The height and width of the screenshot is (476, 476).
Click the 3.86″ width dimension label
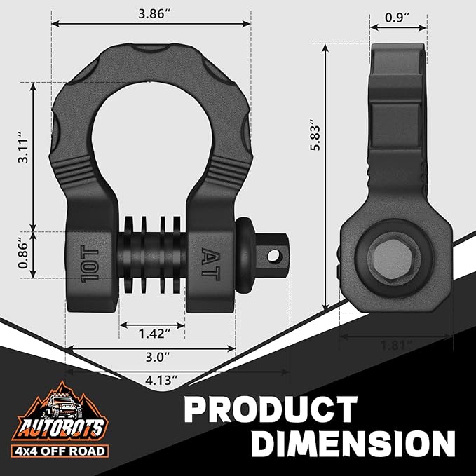[x=151, y=14]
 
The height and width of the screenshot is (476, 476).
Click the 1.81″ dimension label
[x=395, y=345]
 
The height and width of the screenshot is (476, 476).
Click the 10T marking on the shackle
[x=90, y=263]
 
